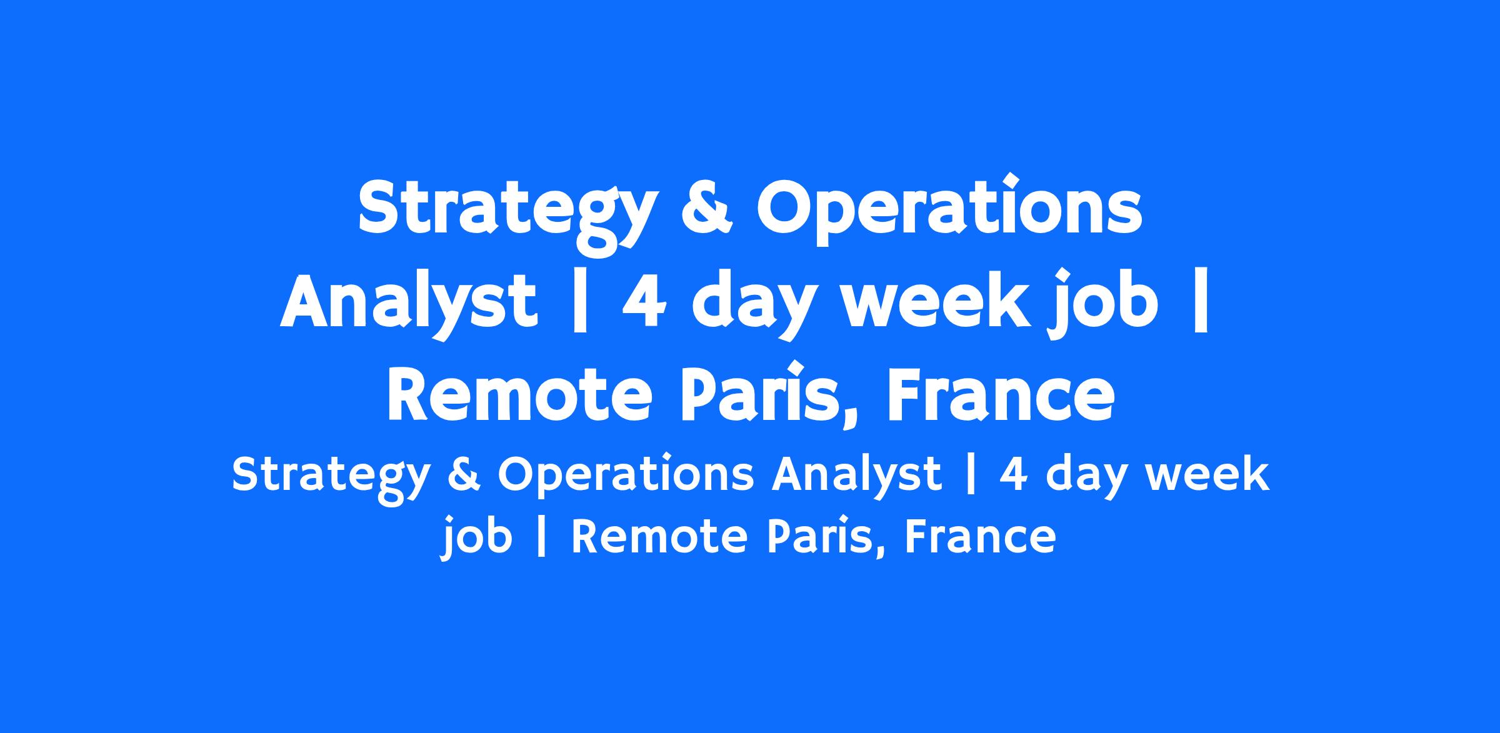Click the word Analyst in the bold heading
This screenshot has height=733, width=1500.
(408, 303)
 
